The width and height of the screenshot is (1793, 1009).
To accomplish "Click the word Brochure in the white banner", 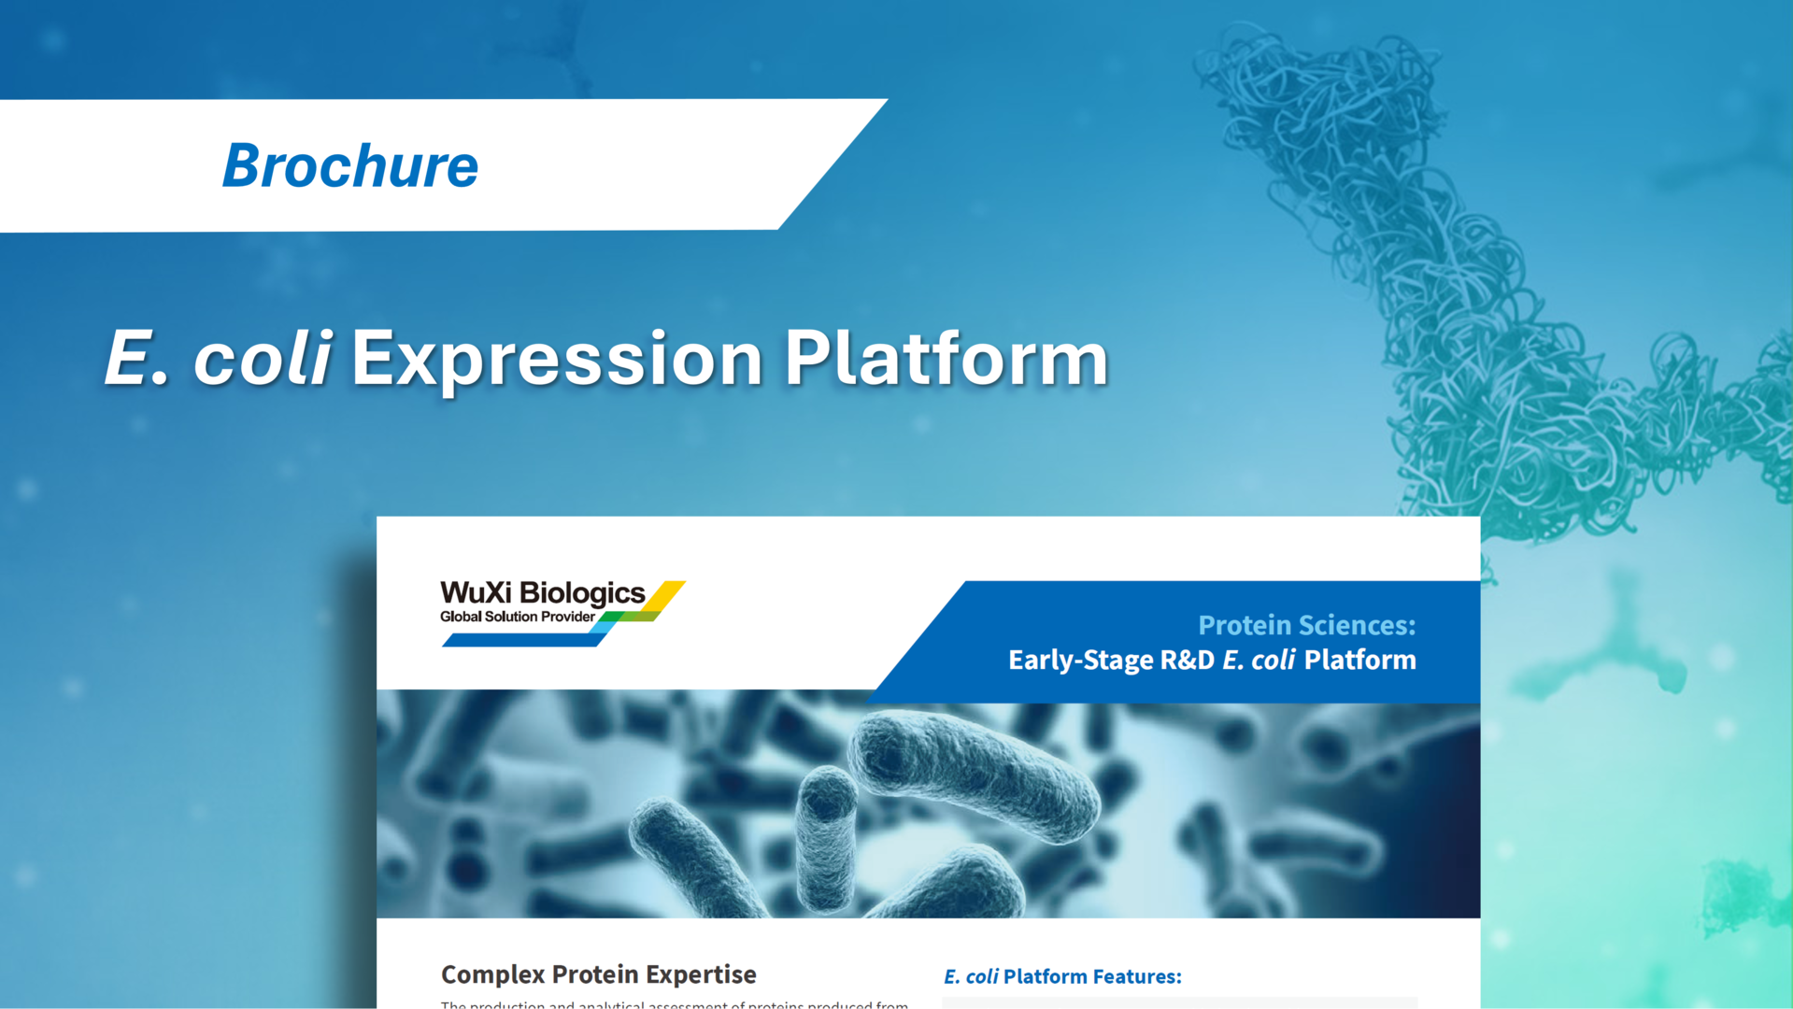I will [x=350, y=166].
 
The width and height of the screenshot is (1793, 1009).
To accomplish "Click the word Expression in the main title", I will [x=557, y=358].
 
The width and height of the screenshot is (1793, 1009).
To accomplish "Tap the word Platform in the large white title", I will [x=946, y=358].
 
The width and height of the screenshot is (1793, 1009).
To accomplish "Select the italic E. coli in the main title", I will [x=218, y=358].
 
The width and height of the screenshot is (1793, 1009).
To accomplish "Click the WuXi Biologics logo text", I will [x=542, y=592].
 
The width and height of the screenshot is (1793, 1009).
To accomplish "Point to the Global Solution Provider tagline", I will [x=517, y=617].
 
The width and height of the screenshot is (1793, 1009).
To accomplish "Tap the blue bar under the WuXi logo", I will [x=523, y=640].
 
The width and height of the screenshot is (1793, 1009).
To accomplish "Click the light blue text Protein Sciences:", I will [x=1306, y=624].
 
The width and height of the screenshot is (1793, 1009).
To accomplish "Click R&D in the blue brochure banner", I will [x=1187, y=660].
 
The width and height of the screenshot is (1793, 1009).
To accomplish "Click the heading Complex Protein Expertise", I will [x=598, y=974].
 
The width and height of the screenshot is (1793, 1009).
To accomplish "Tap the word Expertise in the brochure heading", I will [x=701, y=974].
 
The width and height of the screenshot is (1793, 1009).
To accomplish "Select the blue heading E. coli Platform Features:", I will [x=1062, y=976].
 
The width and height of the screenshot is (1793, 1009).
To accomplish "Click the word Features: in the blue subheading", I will [x=1137, y=976].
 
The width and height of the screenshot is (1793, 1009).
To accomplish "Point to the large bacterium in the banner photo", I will [x=976, y=775].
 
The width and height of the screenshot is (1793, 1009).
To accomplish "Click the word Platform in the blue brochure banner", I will [x=1359, y=660].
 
